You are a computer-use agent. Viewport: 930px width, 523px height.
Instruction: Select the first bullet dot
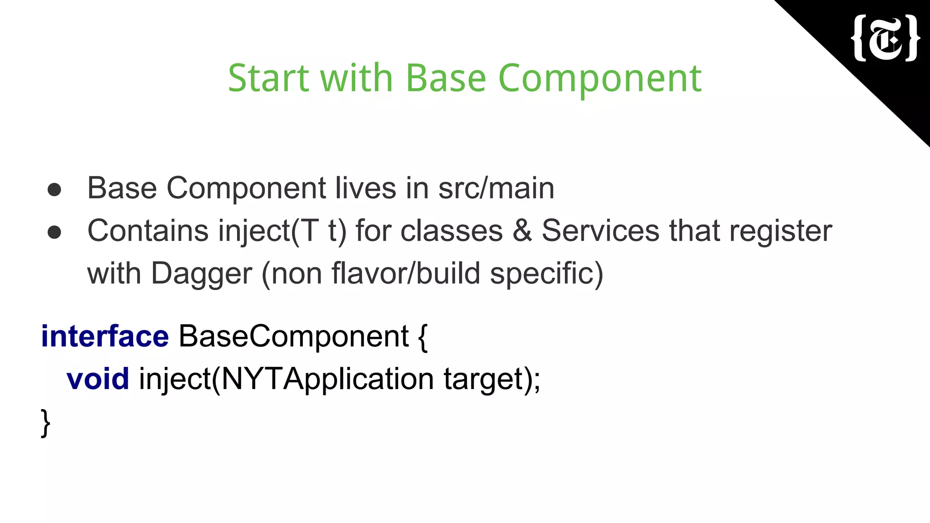click(54, 189)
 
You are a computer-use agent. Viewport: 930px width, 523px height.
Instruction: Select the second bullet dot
click(54, 232)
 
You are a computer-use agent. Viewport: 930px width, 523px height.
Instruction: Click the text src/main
click(496, 188)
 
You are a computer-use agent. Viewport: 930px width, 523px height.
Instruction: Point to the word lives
click(366, 188)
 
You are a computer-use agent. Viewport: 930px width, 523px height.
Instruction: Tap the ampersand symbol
click(522, 231)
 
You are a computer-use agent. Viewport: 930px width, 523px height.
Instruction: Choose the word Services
click(600, 231)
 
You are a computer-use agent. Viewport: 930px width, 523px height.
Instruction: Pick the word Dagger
click(201, 274)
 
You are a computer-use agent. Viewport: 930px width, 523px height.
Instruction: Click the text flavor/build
click(406, 273)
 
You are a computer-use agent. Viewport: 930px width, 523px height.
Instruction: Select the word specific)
click(546, 274)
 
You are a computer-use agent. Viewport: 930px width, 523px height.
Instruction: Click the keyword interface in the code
click(105, 336)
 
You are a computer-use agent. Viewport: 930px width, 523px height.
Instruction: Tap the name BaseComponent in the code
click(294, 336)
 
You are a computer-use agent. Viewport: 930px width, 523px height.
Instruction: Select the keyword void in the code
click(98, 379)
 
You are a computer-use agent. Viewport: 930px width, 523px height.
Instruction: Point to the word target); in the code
click(492, 380)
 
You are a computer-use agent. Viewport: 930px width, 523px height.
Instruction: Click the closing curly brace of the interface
click(45, 423)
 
